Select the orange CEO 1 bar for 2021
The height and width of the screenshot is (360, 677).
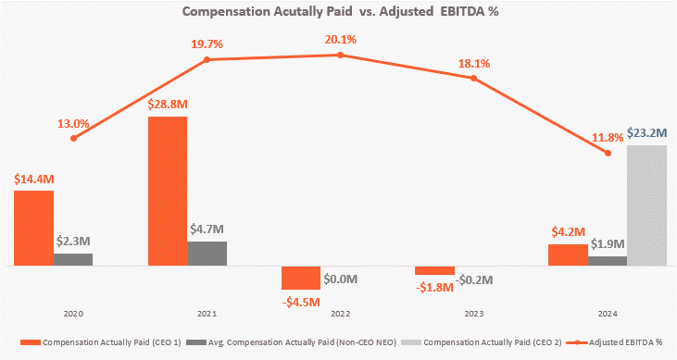168,191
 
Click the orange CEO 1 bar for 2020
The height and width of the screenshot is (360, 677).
33,228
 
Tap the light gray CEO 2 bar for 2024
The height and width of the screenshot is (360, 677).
646,205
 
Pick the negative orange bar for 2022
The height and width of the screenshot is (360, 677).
301,278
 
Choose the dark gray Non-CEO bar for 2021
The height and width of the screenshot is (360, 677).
207,254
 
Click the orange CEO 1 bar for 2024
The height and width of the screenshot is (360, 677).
568,254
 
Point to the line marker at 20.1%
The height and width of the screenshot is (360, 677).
340,56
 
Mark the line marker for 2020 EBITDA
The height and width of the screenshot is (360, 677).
73,138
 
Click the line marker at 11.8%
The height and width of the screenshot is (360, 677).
608,153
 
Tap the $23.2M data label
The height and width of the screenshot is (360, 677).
645,133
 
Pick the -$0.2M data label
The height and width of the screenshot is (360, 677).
474,279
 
